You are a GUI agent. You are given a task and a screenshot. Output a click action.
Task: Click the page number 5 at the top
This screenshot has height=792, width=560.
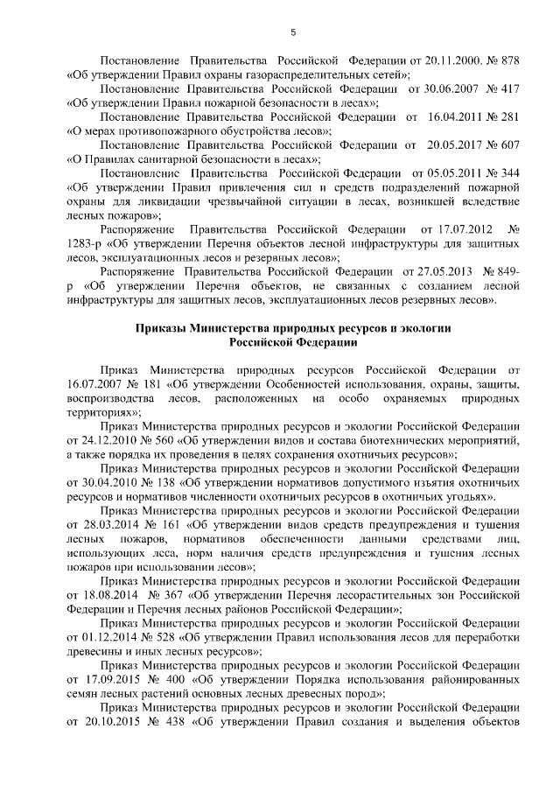[x=293, y=33]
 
